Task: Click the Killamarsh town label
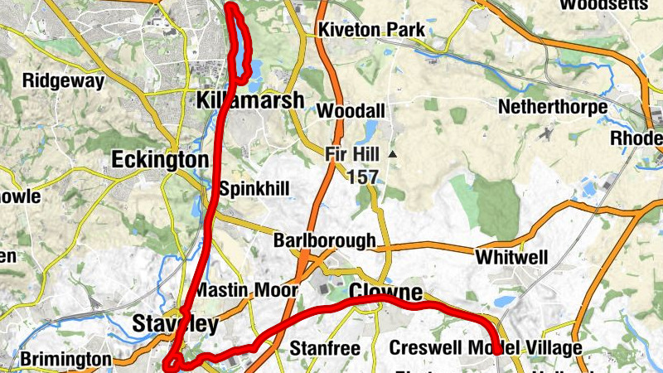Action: (x=250, y=101)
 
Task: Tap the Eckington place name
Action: (x=160, y=159)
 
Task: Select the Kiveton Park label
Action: (x=372, y=31)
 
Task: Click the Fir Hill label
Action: (x=352, y=154)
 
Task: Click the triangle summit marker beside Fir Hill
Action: (x=393, y=154)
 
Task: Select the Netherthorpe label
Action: (x=553, y=107)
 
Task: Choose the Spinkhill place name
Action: (x=254, y=189)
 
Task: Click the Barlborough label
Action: (x=324, y=241)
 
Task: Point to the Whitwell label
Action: (x=511, y=258)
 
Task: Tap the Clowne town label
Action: (x=385, y=292)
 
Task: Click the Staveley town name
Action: (x=175, y=323)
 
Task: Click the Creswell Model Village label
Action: (x=485, y=347)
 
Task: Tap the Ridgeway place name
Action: (x=63, y=81)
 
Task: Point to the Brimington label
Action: (x=65, y=359)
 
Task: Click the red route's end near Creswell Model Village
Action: (x=496, y=351)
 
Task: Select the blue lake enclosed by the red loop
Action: (x=240, y=50)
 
